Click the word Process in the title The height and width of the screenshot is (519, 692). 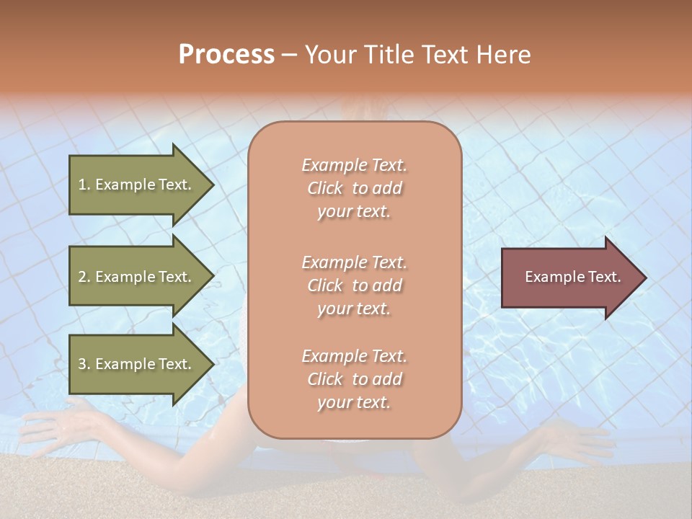pyautogui.click(x=226, y=55)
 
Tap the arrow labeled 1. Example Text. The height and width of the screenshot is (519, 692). pyautogui.click(x=137, y=185)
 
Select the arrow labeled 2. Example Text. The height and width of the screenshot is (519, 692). pyautogui.click(x=137, y=277)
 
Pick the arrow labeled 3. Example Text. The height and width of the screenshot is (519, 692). pyautogui.click(x=137, y=364)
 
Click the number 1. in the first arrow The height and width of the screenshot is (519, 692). pyautogui.click(x=84, y=185)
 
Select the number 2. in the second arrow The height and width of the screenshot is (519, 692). pyautogui.click(x=84, y=277)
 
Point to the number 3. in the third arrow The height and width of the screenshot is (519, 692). pyautogui.click(x=84, y=364)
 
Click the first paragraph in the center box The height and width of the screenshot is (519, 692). pyautogui.click(x=354, y=188)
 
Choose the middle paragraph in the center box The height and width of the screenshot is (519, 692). pyautogui.click(x=354, y=285)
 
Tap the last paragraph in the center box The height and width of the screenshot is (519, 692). pyautogui.click(x=354, y=379)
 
